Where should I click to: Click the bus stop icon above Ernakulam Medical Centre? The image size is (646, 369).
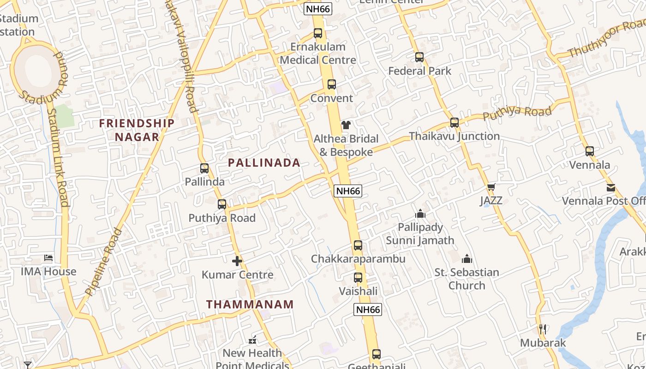[318, 33]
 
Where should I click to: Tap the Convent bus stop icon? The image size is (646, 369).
[332, 84]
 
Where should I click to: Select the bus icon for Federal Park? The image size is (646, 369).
[419, 57]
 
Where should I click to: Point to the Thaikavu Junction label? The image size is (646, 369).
[454, 136]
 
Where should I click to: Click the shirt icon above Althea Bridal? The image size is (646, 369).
[346, 125]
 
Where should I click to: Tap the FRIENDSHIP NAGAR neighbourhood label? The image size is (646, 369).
[137, 130]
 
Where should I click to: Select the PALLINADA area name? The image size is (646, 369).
[264, 162]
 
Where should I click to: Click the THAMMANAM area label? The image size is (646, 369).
[250, 304]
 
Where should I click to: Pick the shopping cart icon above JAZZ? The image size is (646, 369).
[491, 187]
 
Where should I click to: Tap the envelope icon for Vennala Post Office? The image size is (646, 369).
[611, 188]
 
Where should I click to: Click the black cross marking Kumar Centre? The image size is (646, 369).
[237, 262]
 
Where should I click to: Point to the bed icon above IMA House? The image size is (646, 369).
[48, 258]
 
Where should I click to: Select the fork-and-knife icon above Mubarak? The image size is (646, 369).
[543, 329]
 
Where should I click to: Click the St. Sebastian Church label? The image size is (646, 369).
[467, 279]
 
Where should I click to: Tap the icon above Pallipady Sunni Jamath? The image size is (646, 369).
[420, 214]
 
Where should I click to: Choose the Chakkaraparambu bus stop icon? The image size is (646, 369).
[358, 245]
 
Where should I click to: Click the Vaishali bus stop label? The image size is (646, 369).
[358, 291]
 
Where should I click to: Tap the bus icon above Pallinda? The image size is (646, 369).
[204, 168]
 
